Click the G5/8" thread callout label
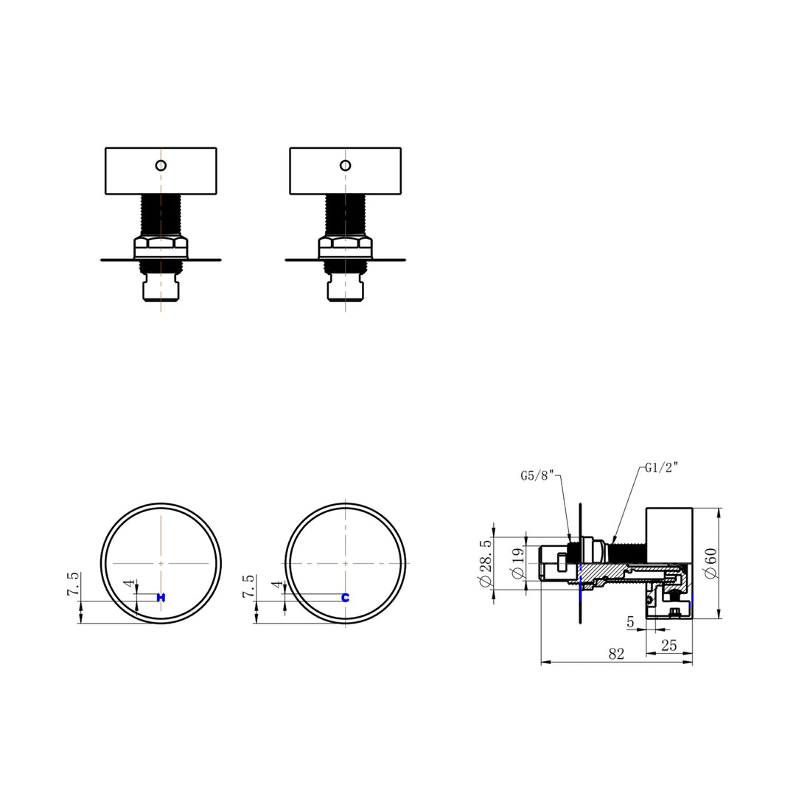click(538, 475)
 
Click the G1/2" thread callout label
click(661, 467)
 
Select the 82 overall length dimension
click(616, 654)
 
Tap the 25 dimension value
click(668, 646)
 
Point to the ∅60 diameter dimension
click(711, 564)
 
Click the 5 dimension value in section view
click(630, 622)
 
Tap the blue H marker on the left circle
click(161, 597)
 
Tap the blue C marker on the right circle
click(345, 597)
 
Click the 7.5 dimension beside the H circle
click(73, 587)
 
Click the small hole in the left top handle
click(161, 164)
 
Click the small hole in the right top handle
click(345, 164)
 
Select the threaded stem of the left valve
click(161, 214)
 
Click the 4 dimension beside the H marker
click(130, 584)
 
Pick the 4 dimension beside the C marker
click(277, 584)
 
